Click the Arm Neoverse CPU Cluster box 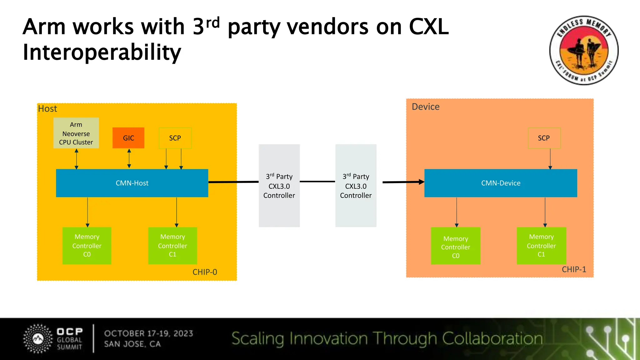pyautogui.click(x=76, y=133)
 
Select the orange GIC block pyautogui.click(x=128, y=138)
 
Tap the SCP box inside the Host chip pyautogui.click(x=175, y=138)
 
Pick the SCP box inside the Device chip pyautogui.click(x=544, y=138)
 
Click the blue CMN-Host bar pyautogui.click(x=132, y=183)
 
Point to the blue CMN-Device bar pyautogui.click(x=501, y=183)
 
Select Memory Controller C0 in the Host pyautogui.click(x=87, y=246)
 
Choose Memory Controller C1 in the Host pyautogui.click(x=172, y=246)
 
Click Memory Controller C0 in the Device pyautogui.click(x=456, y=246)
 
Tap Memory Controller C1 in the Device pyautogui.click(x=541, y=246)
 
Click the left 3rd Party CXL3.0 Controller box pyautogui.click(x=279, y=186)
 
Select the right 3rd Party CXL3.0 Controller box pyautogui.click(x=356, y=186)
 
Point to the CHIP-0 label pyautogui.click(x=205, y=272)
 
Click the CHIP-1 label pyautogui.click(x=574, y=269)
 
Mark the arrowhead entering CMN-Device pyautogui.click(x=422, y=182)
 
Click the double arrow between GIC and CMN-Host pyautogui.click(x=129, y=159)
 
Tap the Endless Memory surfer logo pyautogui.click(x=584, y=50)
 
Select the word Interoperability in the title pyautogui.click(x=102, y=52)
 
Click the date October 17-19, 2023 pyautogui.click(x=149, y=333)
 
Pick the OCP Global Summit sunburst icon pyautogui.click(x=38, y=339)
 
